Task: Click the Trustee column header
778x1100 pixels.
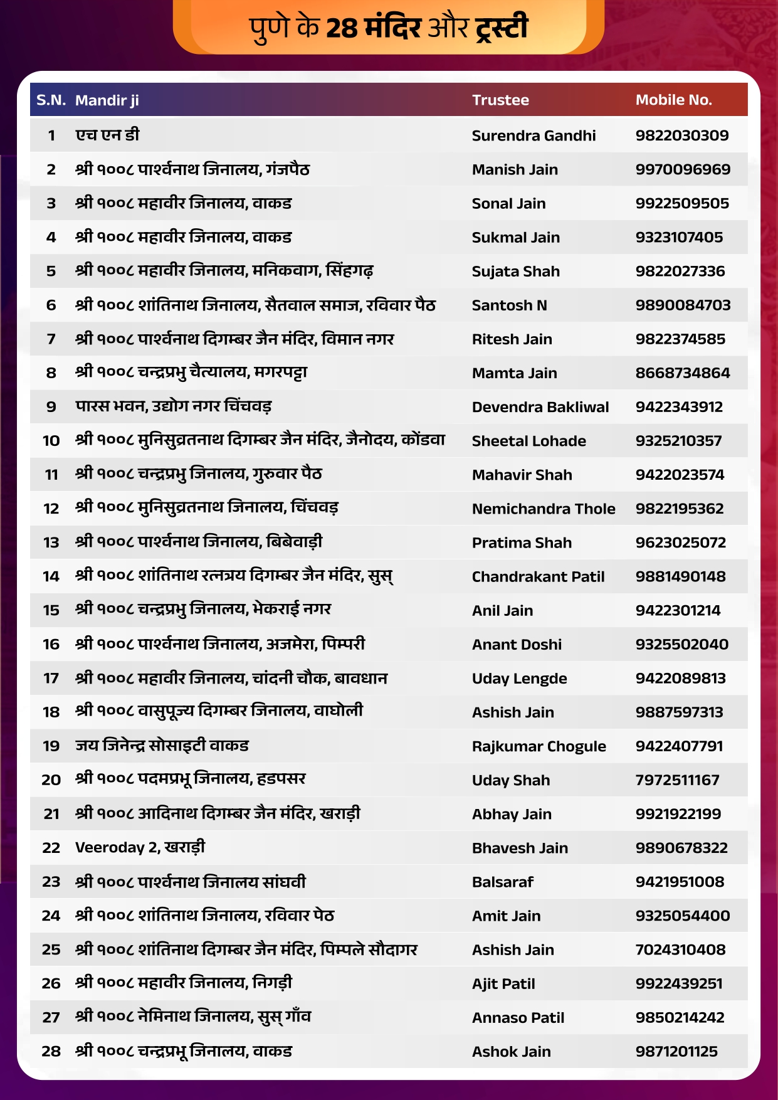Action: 500,100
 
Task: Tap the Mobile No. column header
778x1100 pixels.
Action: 673,100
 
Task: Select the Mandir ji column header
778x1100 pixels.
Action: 107,100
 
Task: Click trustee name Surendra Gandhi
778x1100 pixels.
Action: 534,135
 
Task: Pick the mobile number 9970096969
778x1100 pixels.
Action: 683,169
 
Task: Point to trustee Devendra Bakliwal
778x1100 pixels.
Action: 540,407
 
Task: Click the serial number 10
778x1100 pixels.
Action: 51,441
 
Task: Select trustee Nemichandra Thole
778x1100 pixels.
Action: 543,509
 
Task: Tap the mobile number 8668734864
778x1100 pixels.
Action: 683,373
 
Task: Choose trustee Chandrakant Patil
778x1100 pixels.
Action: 538,576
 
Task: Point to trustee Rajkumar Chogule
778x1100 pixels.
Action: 539,746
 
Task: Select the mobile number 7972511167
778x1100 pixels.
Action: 677,780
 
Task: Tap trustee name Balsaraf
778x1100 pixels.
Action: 502,882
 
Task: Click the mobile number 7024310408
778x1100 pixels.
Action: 680,949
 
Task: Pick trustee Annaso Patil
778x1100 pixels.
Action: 518,1018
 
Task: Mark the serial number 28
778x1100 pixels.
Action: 51,1052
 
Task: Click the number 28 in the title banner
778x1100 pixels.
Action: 342,28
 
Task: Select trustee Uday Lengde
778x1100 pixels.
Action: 519,679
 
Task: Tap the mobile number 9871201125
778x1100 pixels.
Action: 676,1052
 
